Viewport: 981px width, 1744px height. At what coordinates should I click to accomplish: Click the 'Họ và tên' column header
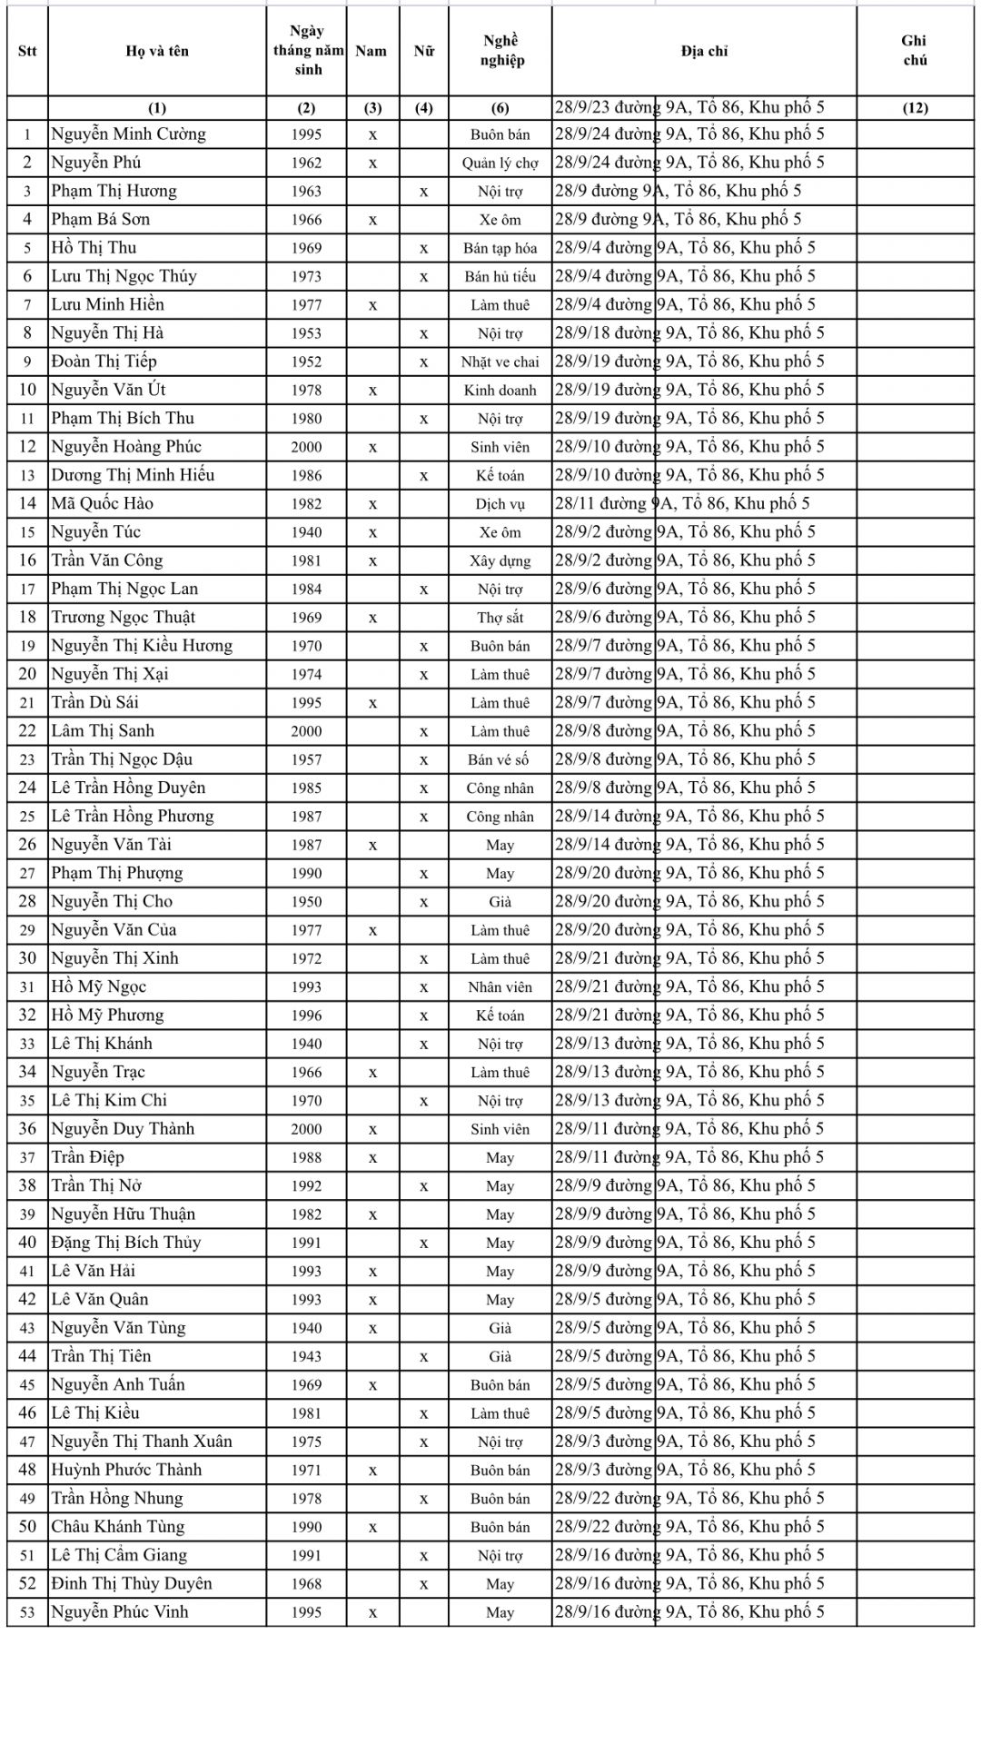[157, 51]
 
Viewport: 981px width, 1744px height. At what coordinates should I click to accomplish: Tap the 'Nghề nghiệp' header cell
[500, 51]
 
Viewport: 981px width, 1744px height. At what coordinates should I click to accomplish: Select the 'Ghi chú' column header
[914, 51]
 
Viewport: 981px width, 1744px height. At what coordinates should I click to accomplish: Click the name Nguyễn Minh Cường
[129, 134]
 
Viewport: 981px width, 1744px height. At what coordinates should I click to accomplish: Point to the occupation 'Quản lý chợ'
[500, 163]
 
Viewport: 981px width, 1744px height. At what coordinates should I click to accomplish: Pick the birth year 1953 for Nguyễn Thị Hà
[307, 333]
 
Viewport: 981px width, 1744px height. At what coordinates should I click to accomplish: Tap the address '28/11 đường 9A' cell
[682, 503]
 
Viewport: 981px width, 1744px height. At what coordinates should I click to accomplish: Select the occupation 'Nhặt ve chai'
[500, 362]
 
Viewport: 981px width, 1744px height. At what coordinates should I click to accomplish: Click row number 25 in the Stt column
[27, 817]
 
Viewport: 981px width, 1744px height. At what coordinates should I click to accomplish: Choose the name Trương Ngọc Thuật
[124, 618]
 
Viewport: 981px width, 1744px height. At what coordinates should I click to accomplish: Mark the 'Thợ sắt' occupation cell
[500, 618]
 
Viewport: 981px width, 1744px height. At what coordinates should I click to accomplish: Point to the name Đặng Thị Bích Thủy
[126, 1243]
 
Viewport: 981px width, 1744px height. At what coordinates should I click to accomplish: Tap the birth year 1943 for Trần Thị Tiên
[307, 1356]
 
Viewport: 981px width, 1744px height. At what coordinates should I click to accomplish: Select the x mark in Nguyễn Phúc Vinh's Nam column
[373, 1612]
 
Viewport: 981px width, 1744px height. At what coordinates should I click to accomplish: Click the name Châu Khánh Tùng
[118, 1527]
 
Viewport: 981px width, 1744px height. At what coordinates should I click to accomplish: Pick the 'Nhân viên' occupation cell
[500, 986]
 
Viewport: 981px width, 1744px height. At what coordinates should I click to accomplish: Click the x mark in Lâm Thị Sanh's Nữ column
[424, 731]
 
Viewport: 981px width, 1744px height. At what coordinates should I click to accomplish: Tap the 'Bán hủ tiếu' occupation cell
[500, 276]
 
